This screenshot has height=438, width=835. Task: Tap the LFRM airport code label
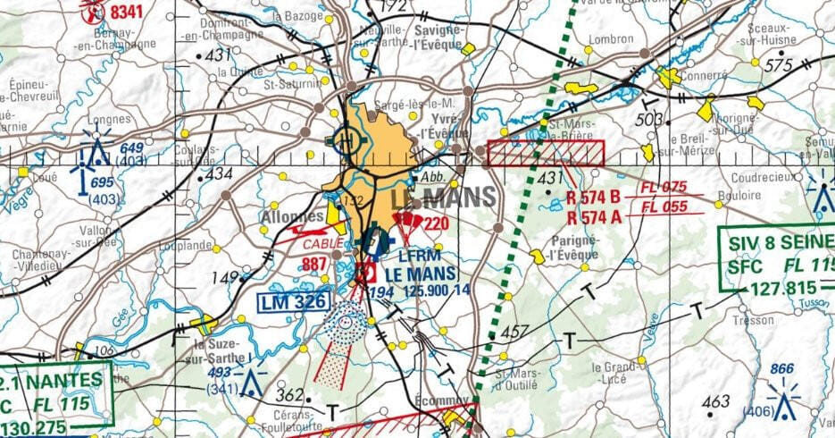[416, 257]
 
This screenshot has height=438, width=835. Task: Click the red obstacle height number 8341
[125, 12]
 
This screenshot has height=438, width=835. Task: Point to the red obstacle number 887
[314, 264]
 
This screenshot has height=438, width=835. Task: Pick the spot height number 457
[515, 332]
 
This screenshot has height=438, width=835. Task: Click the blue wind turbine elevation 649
[131, 147]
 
